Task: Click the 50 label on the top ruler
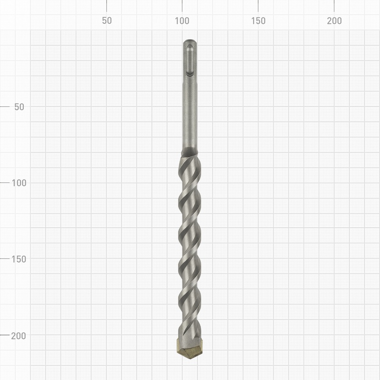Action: click(106, 21)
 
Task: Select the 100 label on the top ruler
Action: click(182, 21)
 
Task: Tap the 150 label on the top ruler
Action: click(258, 21)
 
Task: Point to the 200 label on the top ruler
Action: click(334, 21)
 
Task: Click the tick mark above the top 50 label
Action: click(106, 6)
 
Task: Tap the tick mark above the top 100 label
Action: click(182, 6)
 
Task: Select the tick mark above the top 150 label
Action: click(258, 6)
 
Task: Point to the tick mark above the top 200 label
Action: click(334, 6)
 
